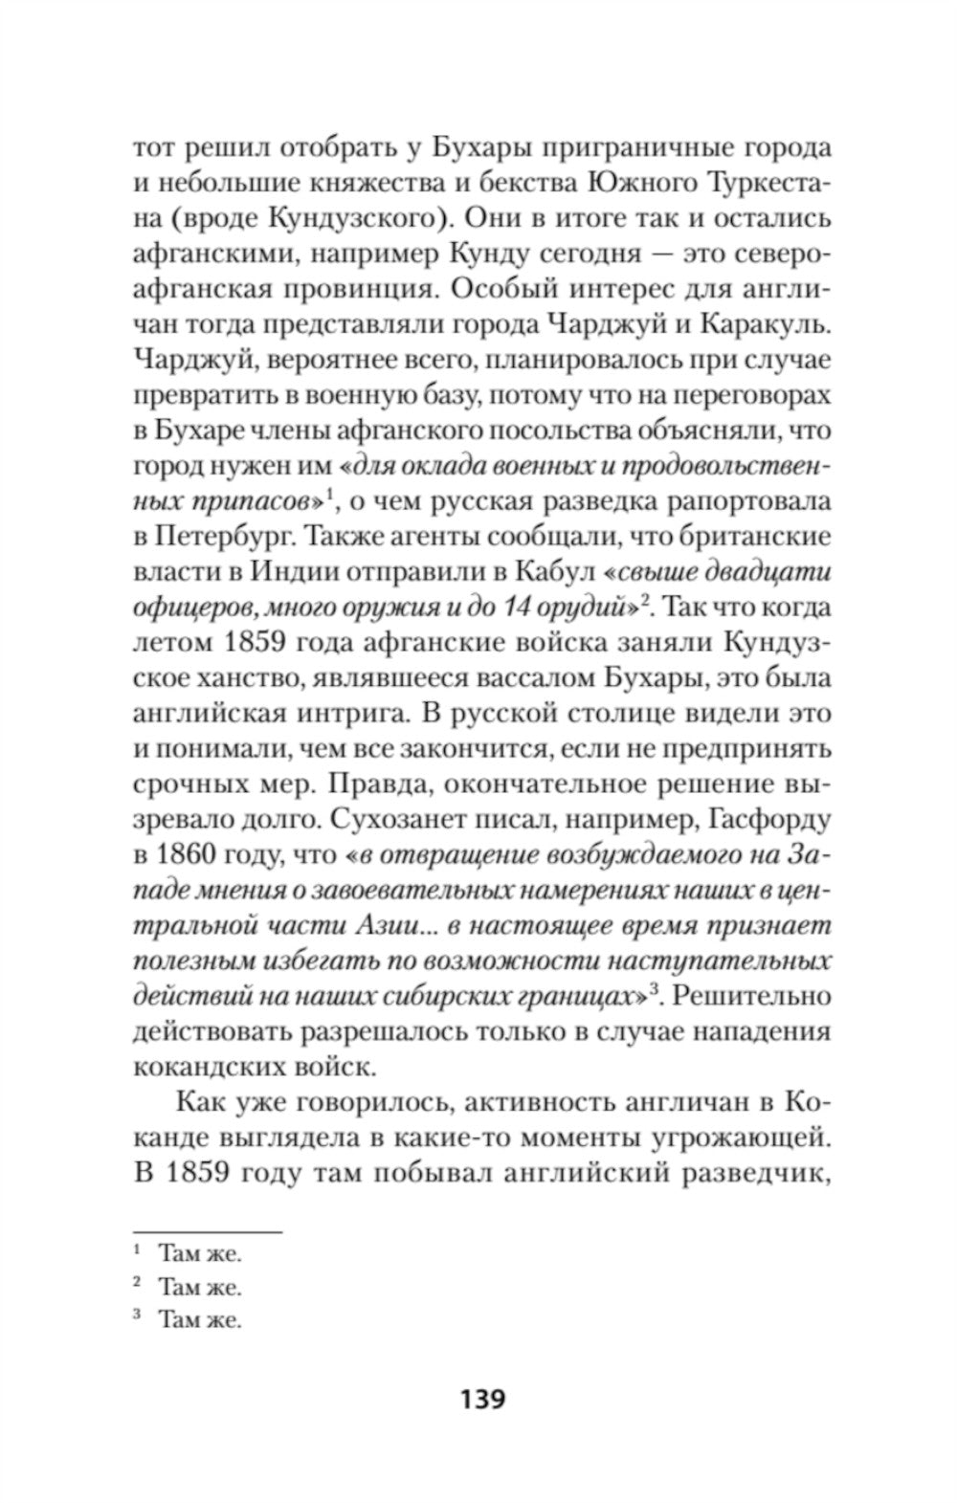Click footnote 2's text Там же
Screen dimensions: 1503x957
200,1285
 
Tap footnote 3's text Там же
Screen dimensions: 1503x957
200,1321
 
